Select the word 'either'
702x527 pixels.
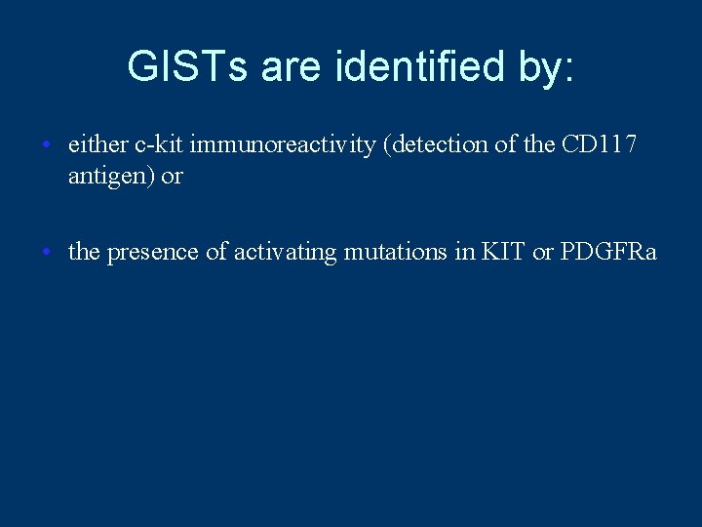click(97, 145)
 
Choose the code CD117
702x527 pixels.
click(600, 145)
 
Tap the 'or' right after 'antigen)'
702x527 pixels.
click(173, 178)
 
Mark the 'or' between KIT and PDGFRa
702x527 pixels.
click(543, 252)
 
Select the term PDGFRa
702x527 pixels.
click(609, 252)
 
